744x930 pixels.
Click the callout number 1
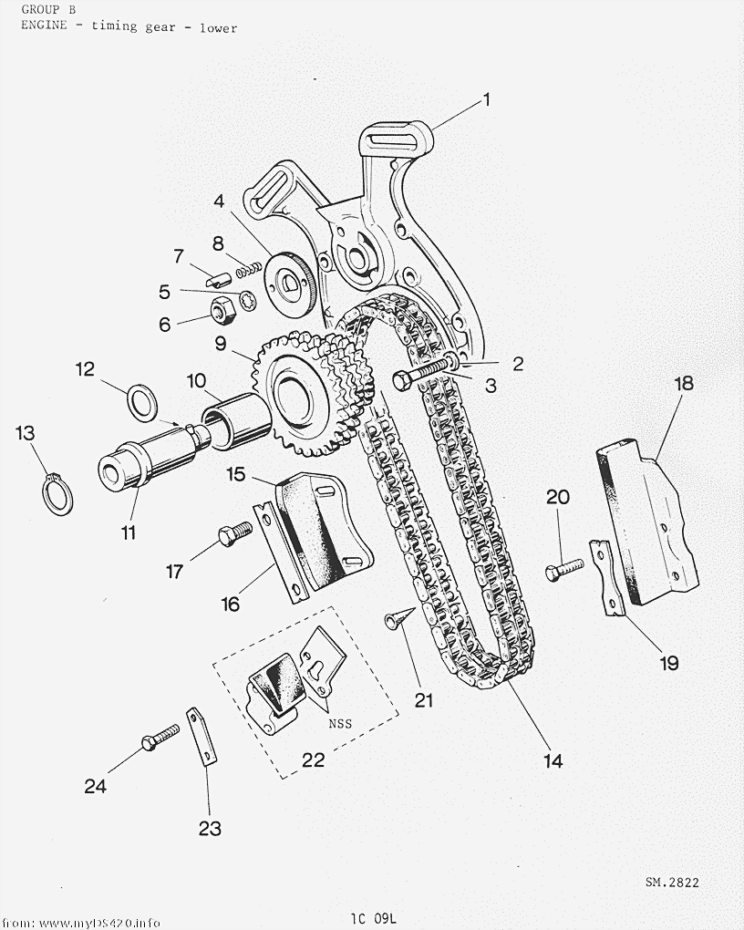[487, 99]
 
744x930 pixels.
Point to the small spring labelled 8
[249, 270]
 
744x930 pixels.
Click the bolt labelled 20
[564, 568]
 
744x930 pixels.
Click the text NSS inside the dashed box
[340, 723]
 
